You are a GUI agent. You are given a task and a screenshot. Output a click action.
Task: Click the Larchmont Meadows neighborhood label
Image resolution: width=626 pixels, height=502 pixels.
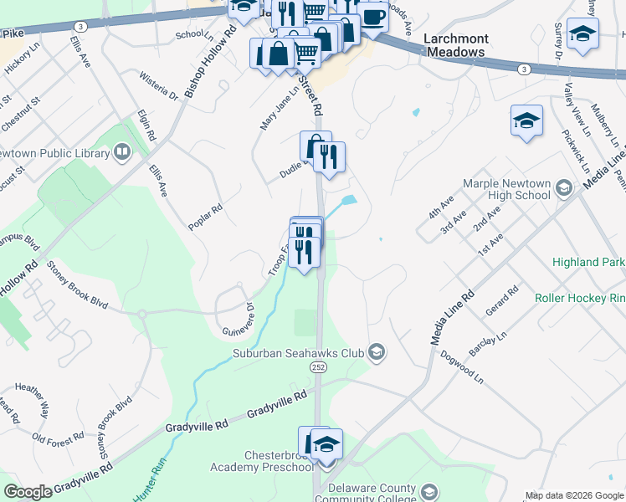(454, 45)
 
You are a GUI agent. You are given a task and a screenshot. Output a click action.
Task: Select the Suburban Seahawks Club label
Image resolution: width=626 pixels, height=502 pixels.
(299, 353)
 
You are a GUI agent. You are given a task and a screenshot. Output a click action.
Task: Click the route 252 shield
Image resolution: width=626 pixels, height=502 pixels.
(319, 367)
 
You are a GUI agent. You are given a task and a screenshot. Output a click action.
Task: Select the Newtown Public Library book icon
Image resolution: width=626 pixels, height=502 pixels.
(122, 152)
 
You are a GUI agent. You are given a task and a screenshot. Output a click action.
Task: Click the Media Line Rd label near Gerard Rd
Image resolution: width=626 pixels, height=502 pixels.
(452, 317)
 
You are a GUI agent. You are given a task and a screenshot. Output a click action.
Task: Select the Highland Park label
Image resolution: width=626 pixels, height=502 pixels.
(588, 263)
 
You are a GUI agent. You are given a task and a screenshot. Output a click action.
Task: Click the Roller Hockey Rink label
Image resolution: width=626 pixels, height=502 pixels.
(580, 297)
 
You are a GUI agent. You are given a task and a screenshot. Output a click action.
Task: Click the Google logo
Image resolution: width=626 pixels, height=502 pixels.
(28, 492)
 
